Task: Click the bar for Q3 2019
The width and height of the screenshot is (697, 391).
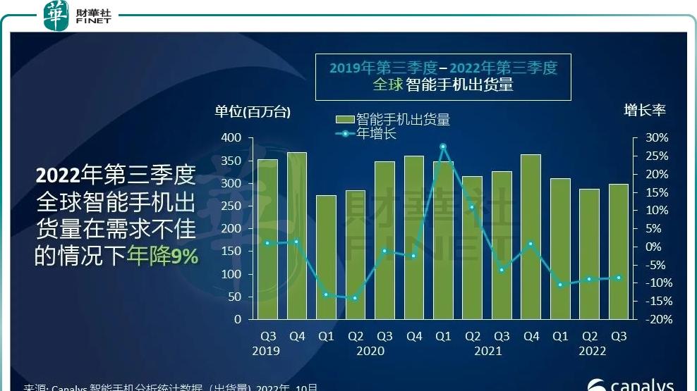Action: tap(267, 240)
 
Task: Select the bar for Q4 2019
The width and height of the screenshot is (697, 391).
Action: tap(296, 236)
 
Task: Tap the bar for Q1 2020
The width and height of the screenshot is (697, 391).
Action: tap(326, 257)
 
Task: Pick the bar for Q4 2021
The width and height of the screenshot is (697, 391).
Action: tap(531, 237)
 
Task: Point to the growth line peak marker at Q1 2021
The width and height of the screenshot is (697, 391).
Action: tap(443, 147)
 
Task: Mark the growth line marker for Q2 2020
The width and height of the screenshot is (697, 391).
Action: tap(355, 298)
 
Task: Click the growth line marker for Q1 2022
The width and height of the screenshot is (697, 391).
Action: tap(560, 285)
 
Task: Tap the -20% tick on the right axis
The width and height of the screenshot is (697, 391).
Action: tap(655, 319)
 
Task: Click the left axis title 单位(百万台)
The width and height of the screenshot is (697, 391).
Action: tap(253, 111)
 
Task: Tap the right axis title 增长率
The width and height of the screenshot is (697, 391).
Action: tap(644, 110)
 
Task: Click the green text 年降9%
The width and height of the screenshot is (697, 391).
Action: tap(162, 257)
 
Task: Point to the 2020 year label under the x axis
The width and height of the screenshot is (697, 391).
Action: tap(370, 351)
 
